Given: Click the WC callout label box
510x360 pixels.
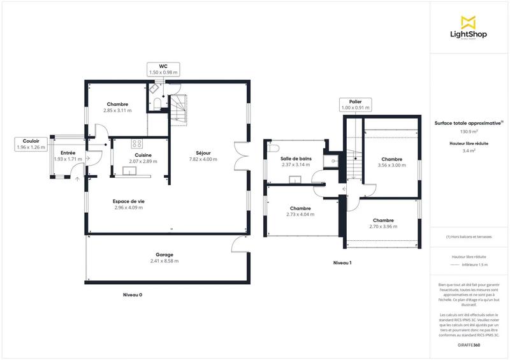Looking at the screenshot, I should tap(164, 69).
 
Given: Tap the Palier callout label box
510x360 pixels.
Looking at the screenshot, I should tap(355, 104).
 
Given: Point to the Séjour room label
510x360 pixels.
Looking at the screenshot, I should tap(204, 153).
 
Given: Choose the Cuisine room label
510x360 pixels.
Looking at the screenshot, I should tap(143, 155).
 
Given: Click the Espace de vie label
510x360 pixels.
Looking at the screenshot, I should tap(129, 201).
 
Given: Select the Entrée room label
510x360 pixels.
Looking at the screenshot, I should tap(68, 153).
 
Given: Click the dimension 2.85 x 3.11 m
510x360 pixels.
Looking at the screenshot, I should tap(117, 110).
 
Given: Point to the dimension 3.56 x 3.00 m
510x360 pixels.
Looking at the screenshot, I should tap(391, 165).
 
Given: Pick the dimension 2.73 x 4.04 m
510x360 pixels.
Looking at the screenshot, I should tap(300, 214).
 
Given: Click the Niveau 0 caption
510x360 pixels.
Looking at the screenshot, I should tap(132, 295).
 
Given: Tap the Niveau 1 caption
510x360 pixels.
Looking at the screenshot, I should tap(342, 263).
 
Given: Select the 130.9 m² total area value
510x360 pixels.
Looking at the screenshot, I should tap(469, 131).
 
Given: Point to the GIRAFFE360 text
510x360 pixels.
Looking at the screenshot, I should tap(469, 345).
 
